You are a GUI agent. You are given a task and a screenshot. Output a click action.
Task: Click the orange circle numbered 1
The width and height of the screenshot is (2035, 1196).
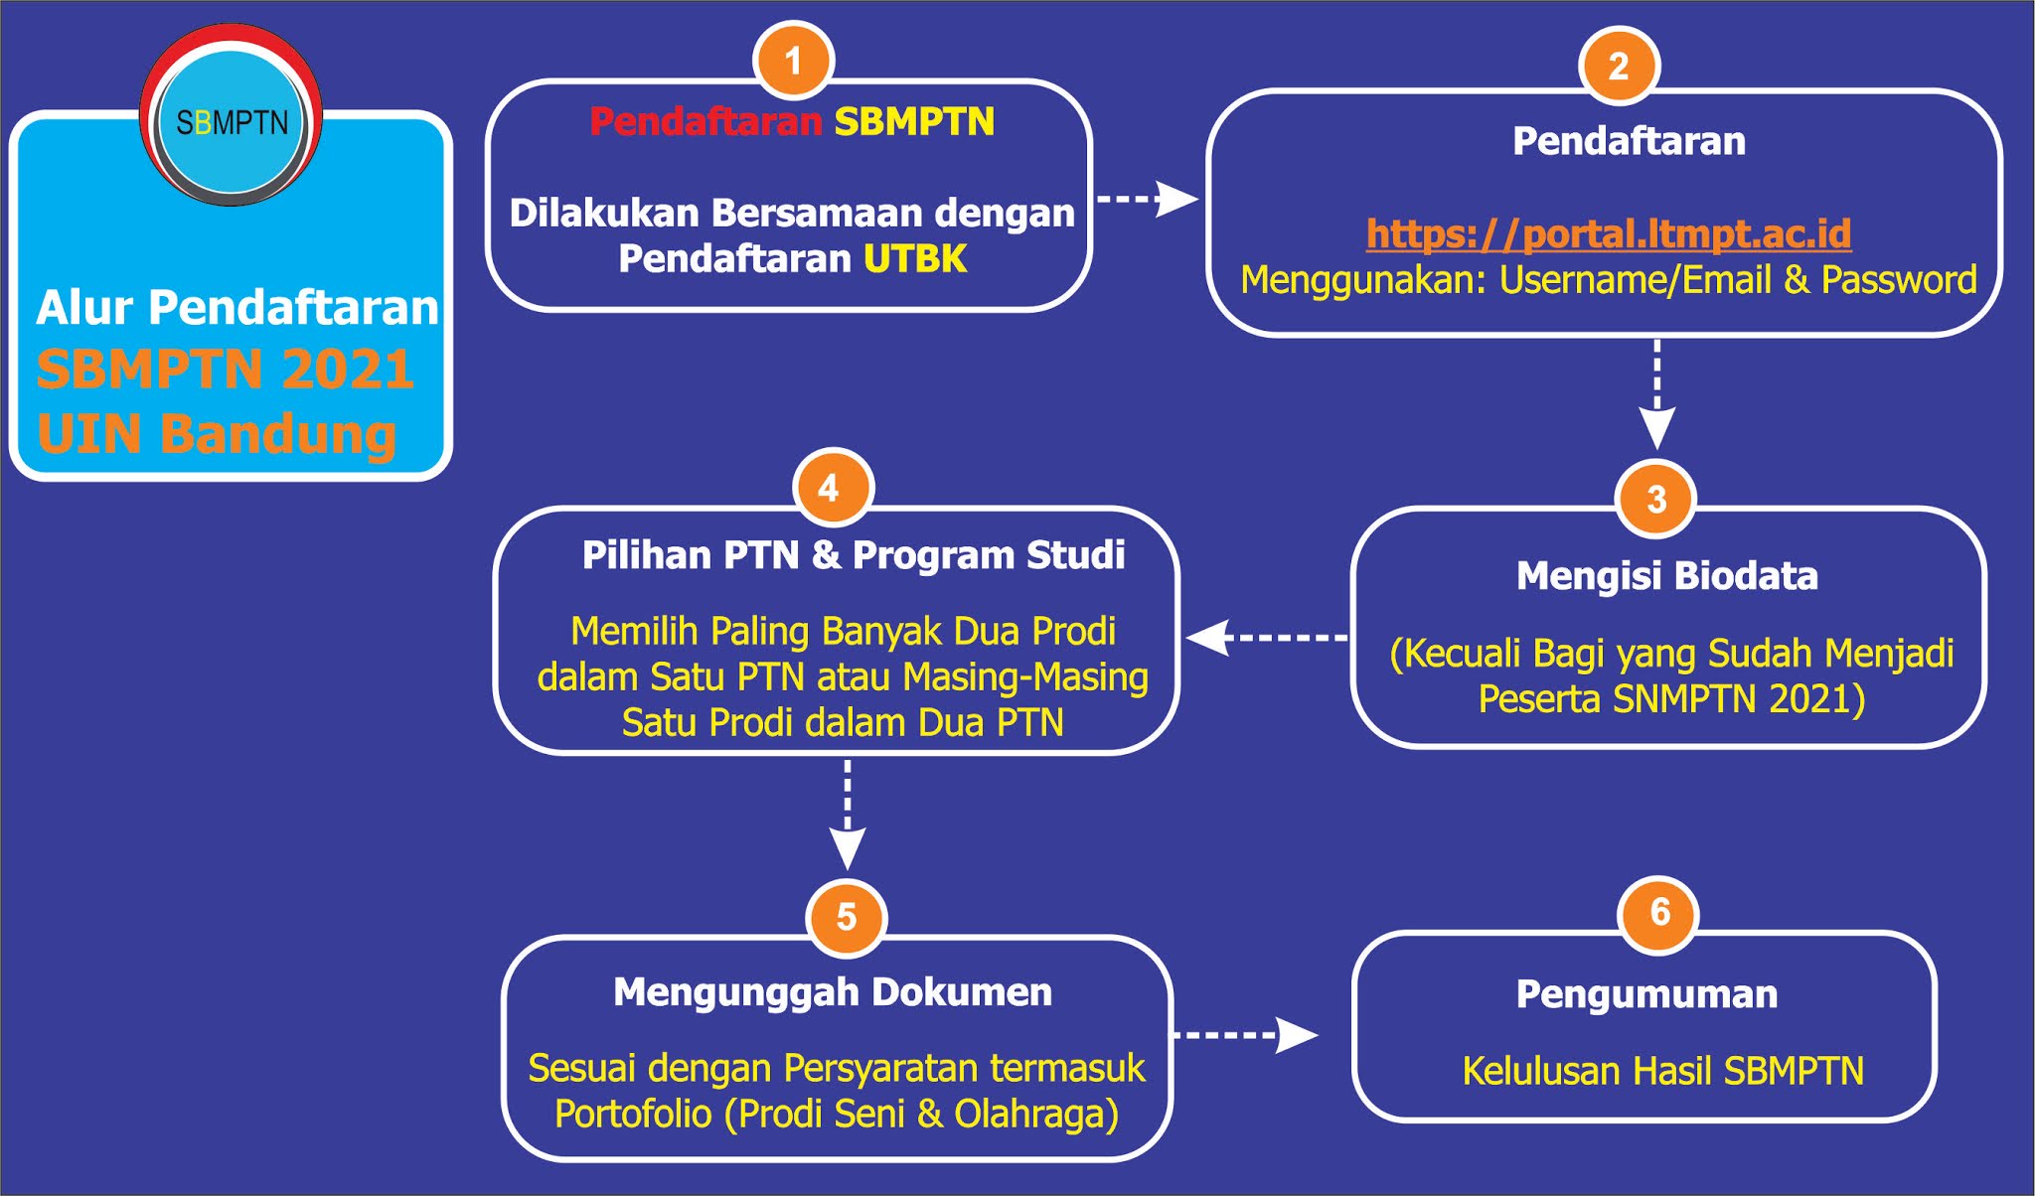[793, 61]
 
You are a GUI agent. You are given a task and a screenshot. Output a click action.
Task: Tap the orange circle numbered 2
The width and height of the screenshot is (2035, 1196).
[1618, 67]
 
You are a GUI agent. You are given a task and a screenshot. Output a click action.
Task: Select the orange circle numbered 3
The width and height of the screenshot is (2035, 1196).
[1655, 499]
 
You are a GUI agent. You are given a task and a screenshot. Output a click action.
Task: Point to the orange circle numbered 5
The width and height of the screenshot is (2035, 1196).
[846, 916]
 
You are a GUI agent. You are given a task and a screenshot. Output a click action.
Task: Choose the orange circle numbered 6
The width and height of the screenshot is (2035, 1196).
[1658, 913]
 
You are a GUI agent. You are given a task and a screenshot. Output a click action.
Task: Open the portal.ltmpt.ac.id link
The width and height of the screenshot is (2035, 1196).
[1608, 234]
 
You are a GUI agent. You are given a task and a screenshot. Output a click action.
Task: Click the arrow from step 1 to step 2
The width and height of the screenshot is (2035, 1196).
[1148, 199]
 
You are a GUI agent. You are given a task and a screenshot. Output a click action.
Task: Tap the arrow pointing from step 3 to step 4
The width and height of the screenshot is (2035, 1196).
[1267, 638]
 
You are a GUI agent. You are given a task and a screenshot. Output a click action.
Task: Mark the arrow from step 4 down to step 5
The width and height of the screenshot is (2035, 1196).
[847, 815]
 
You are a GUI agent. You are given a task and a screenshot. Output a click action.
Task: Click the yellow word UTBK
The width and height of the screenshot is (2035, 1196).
[914, 259]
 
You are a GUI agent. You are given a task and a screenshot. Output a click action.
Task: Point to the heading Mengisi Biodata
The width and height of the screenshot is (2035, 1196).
[1666, 576]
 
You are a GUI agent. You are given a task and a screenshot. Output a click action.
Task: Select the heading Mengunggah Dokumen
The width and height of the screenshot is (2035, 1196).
[833, 992]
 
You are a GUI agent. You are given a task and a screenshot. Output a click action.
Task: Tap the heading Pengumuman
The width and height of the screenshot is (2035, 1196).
[1646, 994]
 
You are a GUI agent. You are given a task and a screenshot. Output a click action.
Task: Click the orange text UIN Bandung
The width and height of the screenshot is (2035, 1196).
[217, 435]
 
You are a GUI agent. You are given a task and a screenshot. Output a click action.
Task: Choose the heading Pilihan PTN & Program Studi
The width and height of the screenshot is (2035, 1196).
[853, 555]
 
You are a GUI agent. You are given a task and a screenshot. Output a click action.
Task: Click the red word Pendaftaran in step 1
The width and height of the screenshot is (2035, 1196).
[705, 122]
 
